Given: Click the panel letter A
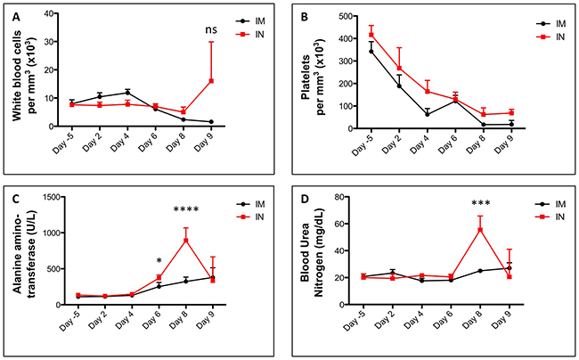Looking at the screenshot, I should pyautogui.click(x=10, y=10).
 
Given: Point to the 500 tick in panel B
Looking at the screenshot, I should pyautogui.click(x=344, y=15).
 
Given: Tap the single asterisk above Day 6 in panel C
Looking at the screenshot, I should pyautogui.click(x=159, y=262).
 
